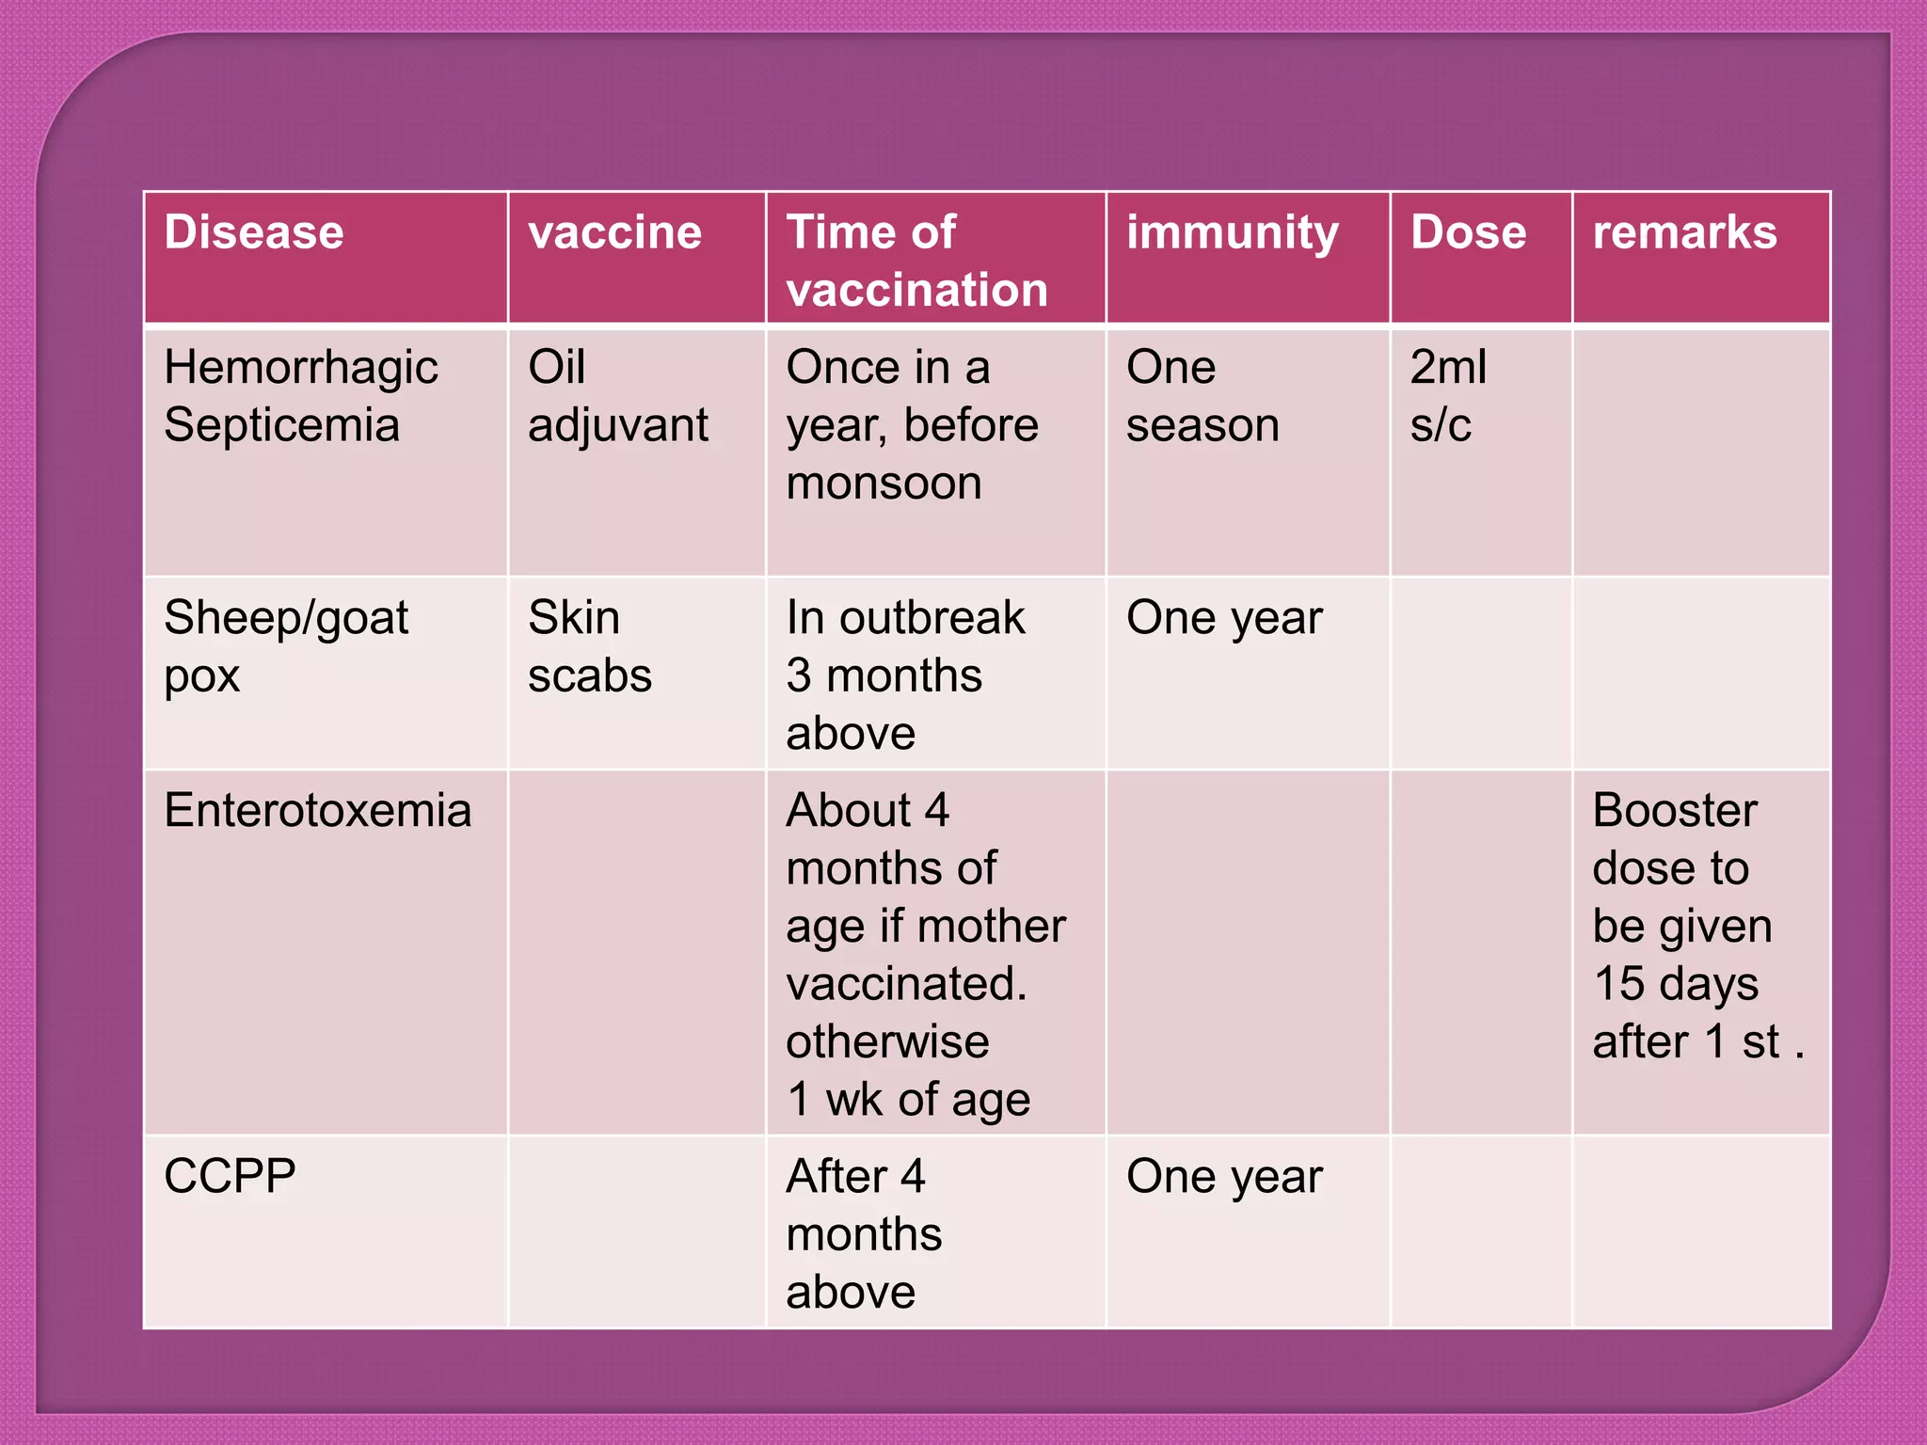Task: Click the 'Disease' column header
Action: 254,232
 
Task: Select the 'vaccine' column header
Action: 614,232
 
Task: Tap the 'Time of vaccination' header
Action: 917,261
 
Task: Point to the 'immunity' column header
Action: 1232,232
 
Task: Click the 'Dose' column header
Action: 1468,232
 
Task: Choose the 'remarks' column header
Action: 1684,232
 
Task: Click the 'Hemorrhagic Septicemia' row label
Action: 301,396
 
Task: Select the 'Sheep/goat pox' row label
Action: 286,646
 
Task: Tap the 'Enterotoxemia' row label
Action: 317,810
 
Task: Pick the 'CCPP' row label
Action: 230,1176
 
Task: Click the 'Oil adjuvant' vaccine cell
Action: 617,396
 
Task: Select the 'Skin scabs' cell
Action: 590,646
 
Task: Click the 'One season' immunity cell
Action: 1202,396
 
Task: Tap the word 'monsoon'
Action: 884,484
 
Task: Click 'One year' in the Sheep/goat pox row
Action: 1224,618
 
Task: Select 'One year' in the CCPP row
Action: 1224,1177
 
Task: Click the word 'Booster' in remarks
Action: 1675,810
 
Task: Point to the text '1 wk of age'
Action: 908,1100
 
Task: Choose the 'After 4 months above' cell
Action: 864,1233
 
